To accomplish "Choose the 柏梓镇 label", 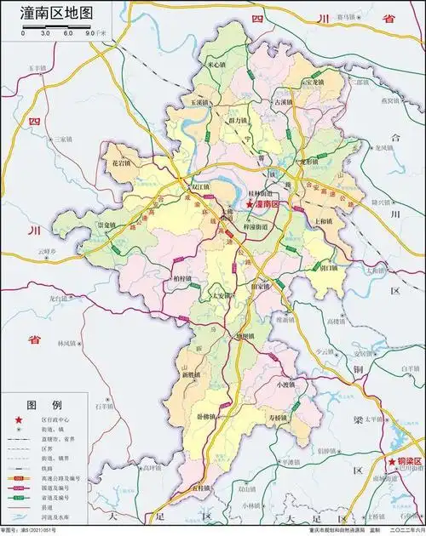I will pos(181,278).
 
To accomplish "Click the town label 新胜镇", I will pos(192,374).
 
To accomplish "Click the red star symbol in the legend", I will pos(18,420).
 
